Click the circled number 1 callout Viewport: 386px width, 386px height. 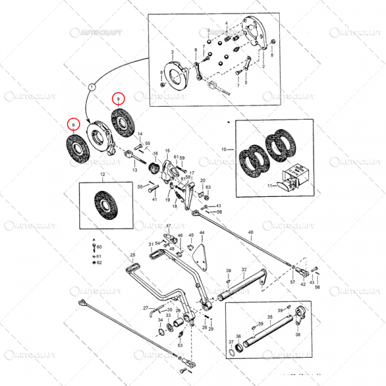(x=91, y=86)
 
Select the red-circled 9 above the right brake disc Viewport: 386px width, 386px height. (x=118, y=98)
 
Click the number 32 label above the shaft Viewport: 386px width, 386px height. (x=244, y=270)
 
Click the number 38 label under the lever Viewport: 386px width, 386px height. (x=298, y=335)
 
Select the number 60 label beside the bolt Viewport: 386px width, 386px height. (x=100, y=247)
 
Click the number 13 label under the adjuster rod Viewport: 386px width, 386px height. (x=134, y=170)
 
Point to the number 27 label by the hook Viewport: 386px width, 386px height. (x=145, y=308)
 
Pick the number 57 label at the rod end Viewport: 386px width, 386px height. (x=293, y=282)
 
